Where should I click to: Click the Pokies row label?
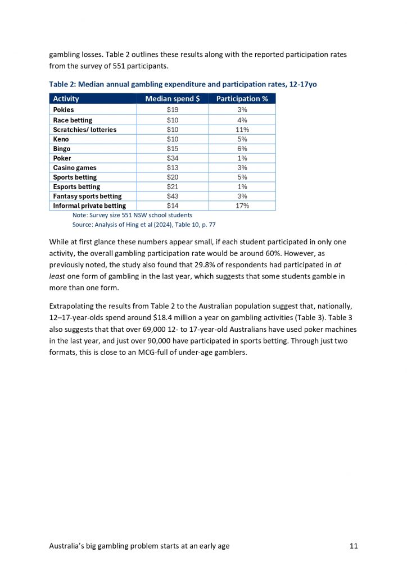click(x=64, y=110)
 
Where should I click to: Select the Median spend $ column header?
click(x=173, y=99)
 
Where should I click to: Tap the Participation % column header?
click(x=242, y=99)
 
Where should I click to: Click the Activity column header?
click(x=66, y=99)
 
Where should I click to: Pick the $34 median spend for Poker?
click(x=173, y=158)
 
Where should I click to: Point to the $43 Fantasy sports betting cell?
click(x=173, y=196)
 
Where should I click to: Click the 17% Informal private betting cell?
click(x=242, y=206)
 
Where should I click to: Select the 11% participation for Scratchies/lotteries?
click(x=242, y=130)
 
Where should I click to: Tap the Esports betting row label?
click(x=76, y=187)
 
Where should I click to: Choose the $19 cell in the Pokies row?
click(x=173, y=110)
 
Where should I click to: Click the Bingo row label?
click(x=62, y=149)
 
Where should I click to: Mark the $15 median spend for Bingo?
click(x=173, y=149)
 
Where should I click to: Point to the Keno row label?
click(x=61, y=139)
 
